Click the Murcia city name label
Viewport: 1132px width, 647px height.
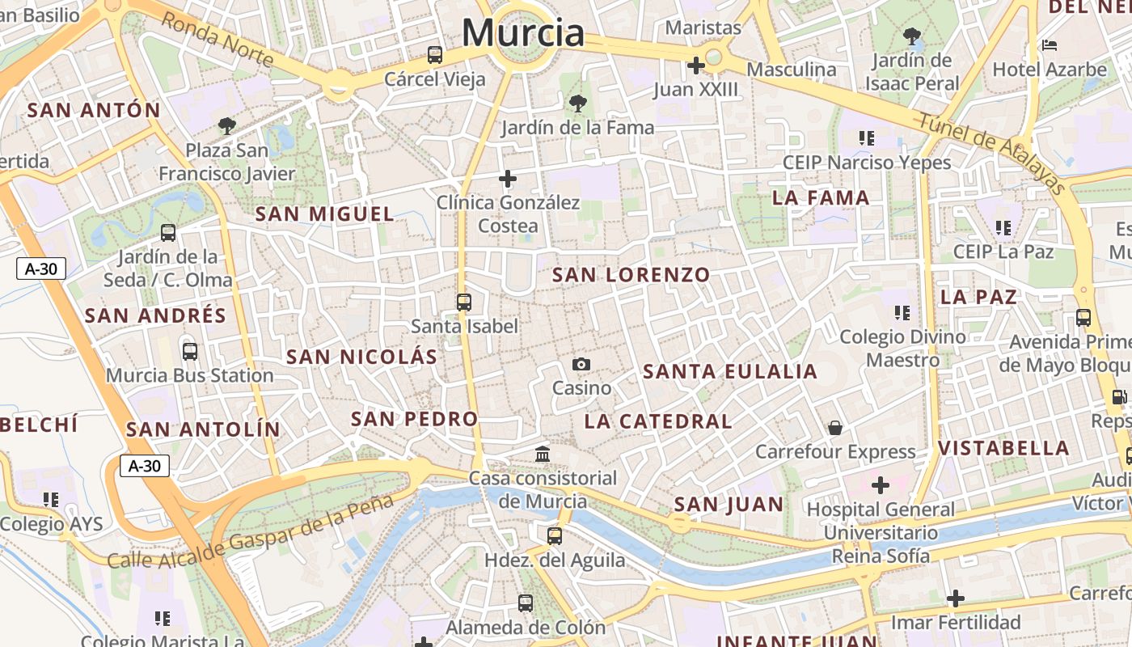tap(523, 33)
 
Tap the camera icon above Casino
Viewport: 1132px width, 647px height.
tap(581, 365)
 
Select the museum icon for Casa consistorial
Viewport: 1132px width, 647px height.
tap(543, 454)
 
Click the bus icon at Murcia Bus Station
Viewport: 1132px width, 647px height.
tap(190, 352)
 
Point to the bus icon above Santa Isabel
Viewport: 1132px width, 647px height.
tap(463, 302)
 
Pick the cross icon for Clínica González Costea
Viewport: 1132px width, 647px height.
tap(508, 178)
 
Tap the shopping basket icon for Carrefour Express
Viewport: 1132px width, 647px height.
tap(834, 427)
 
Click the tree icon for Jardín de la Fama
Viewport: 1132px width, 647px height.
tap(577, 104)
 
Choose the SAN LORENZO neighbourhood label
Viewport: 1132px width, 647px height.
tap(631, 275)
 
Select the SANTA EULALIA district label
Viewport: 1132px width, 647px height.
tap(730, 372)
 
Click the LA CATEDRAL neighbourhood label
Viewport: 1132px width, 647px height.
tap(658, 421)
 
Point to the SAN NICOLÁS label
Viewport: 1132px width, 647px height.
tap(361, 357)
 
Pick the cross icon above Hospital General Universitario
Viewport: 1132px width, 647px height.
tap(880, 485)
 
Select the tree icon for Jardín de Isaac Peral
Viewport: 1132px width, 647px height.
tap(912, 36)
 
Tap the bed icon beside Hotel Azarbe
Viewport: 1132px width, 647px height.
tap(1050, 44)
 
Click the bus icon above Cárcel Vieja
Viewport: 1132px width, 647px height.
tap(435, 55)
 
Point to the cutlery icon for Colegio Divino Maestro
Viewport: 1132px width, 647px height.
tap(902, 312)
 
